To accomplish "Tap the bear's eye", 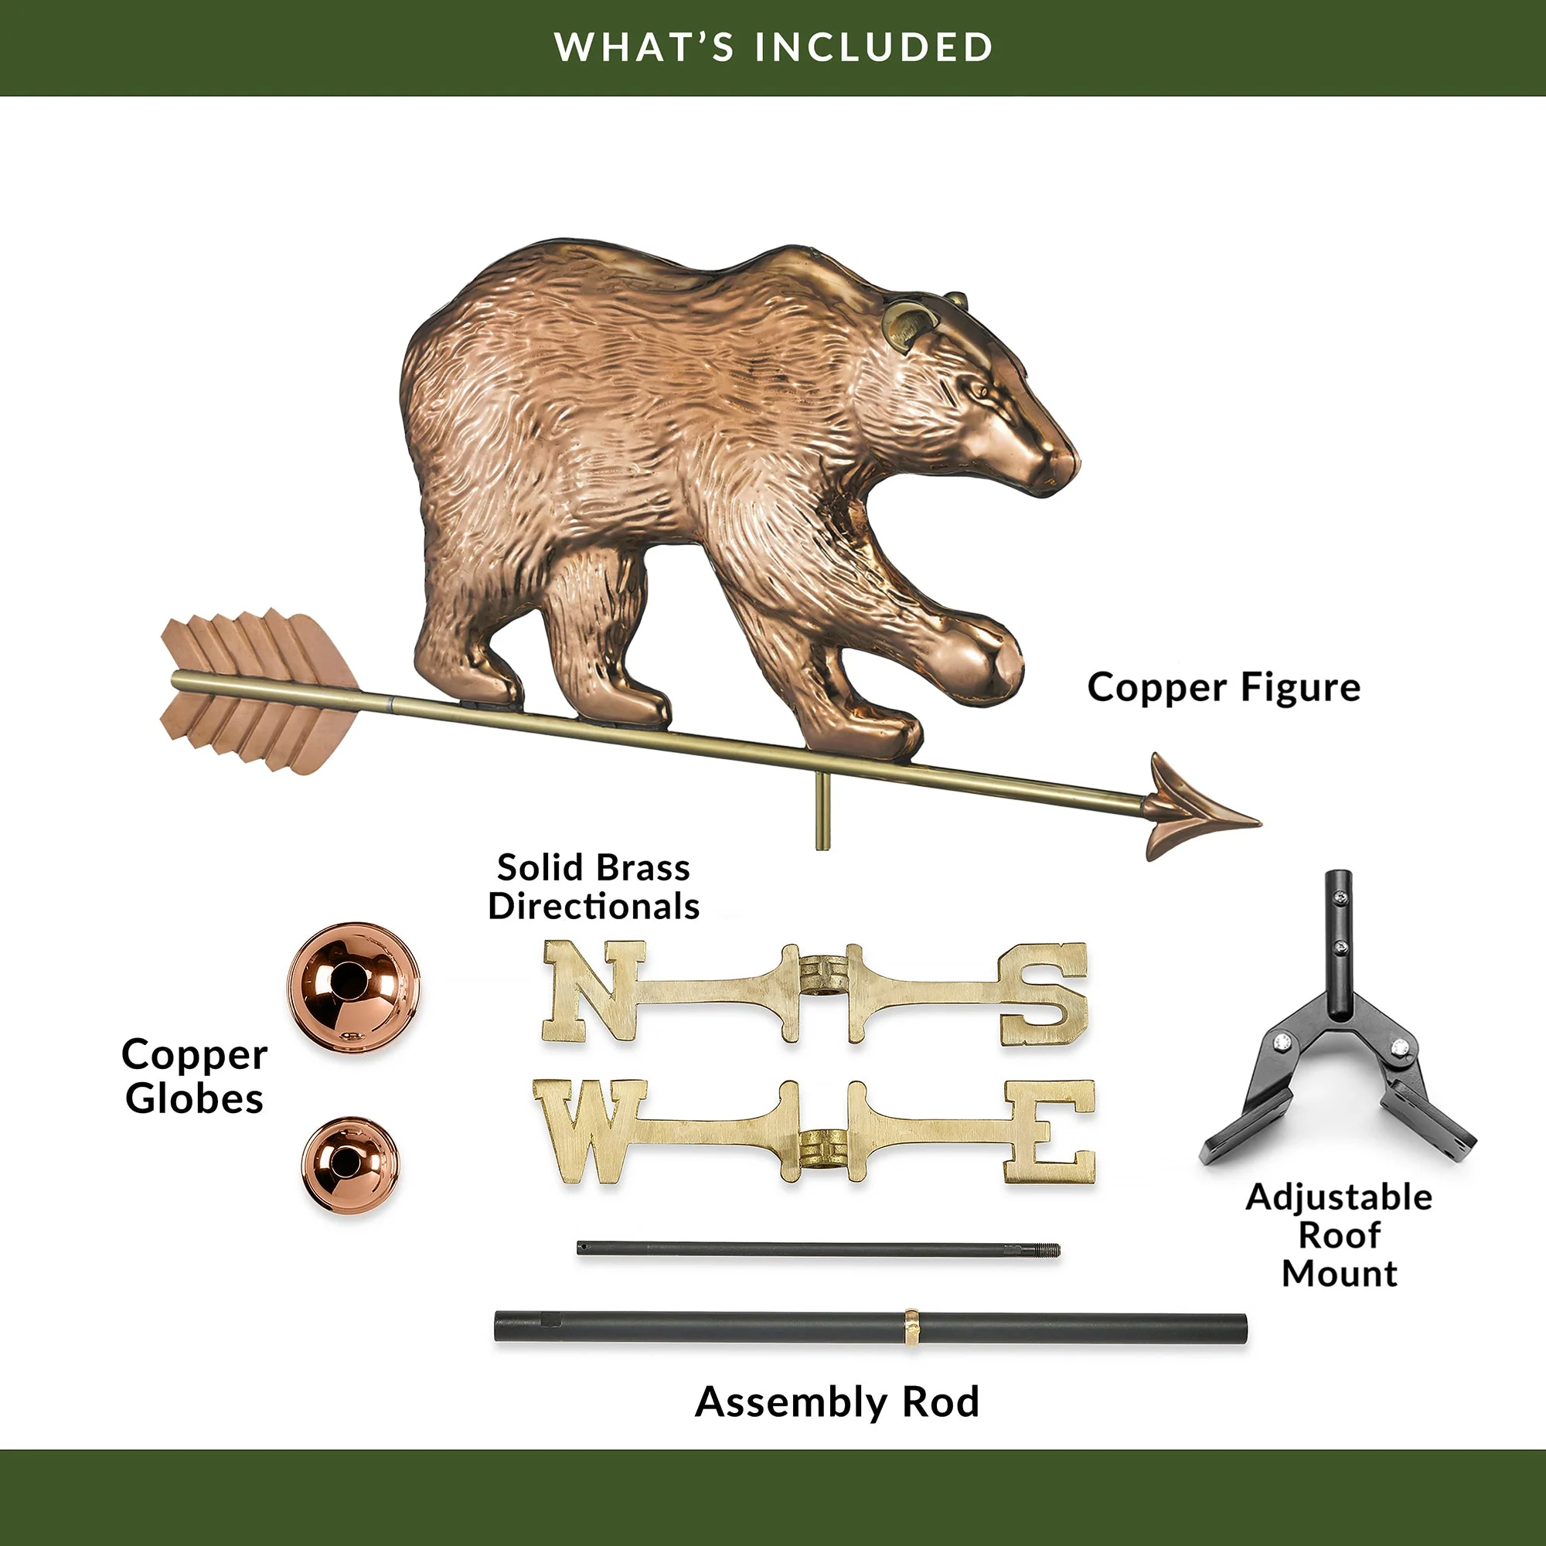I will [978, 391].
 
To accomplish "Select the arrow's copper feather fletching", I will [256, 693].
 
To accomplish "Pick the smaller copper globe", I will [349, 1164].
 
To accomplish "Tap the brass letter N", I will [591, 991].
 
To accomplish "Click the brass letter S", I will [1042, 995].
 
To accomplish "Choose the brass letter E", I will [1049, 1131].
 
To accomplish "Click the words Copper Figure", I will [1224, 688].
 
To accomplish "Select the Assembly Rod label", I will [837, 1403].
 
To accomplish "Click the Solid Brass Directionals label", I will [594, 887].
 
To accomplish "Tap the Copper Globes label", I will [195, 1076].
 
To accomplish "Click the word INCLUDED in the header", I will [873, 47].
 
